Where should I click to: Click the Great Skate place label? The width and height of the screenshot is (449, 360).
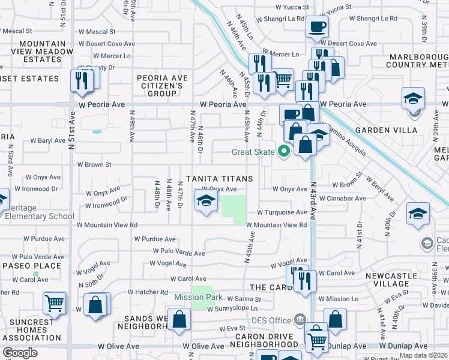pos(253,152)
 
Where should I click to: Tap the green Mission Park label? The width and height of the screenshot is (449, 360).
pos(198,298)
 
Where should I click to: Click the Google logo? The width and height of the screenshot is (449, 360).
pos(20,352)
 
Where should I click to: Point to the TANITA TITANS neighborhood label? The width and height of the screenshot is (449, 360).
pos(219,179)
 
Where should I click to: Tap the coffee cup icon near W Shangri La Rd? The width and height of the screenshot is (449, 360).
pos(317,27)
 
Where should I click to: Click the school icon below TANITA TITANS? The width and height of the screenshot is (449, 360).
pos(205,202)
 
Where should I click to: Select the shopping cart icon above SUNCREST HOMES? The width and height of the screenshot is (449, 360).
pos(55,303)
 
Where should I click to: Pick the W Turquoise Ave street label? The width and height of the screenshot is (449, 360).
pos(283,212)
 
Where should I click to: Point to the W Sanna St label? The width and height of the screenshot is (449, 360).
pos(243,299)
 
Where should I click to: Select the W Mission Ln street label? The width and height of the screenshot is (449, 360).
pos(339,299)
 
